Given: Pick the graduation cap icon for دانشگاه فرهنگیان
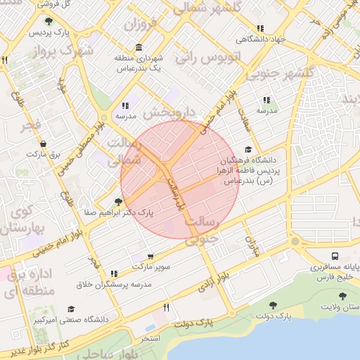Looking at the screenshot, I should pos(247,150).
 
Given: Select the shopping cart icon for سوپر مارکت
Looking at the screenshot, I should pos(150,257).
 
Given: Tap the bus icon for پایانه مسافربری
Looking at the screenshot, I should pos(335,256).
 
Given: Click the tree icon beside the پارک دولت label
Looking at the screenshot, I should pos(273,306).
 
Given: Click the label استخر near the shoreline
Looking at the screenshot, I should pos(150,338).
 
